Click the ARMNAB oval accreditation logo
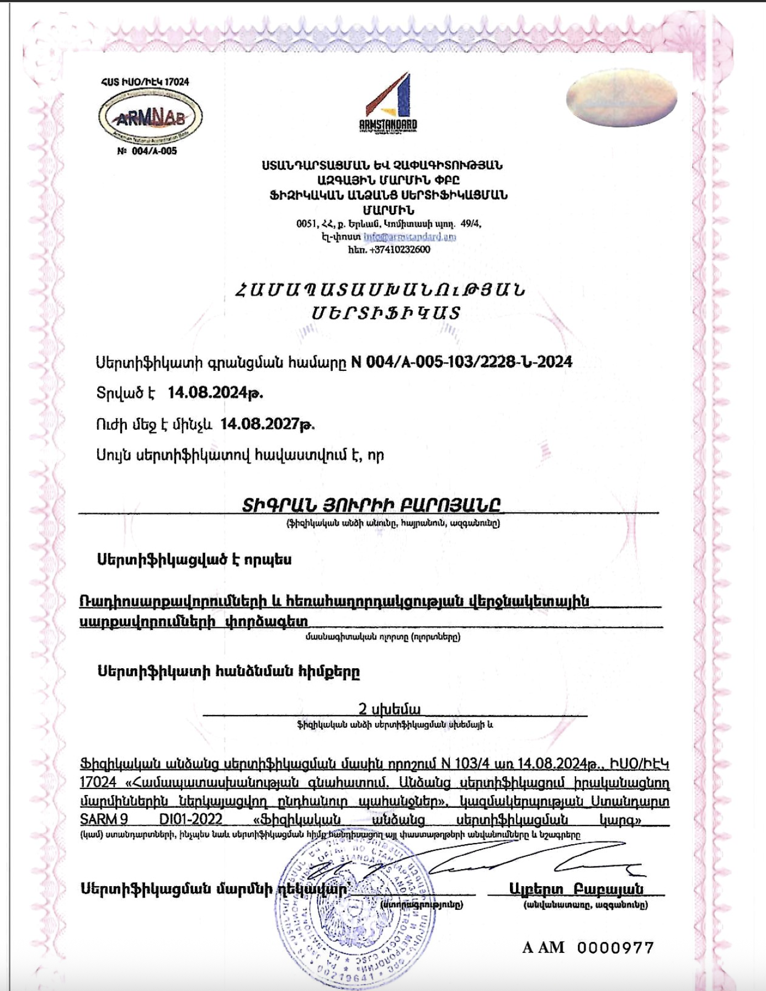[150, 116]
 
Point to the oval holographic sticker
[621, 98]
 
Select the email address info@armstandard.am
[410, 237]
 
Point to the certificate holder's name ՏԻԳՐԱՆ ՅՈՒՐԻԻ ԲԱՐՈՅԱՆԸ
[371, 504]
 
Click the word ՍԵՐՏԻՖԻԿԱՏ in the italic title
[386, 313]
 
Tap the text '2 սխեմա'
[389, 709]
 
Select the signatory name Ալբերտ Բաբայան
[576, 889]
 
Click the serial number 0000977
[615, 948]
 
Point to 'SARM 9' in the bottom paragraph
[104, 819]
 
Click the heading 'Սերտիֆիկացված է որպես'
[194, 559]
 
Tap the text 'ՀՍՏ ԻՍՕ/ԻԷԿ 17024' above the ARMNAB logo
[145, 82]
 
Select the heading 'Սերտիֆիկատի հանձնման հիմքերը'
[228, 672]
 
